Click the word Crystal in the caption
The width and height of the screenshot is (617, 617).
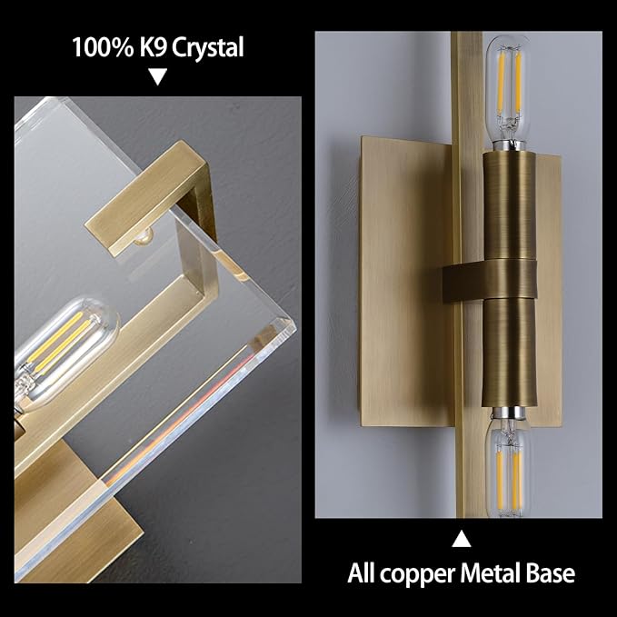(207, 47)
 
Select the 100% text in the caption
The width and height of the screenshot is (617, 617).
(103, 47)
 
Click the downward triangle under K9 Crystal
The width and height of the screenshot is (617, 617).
(158, 76)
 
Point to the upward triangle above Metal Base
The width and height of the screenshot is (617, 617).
(462, 539)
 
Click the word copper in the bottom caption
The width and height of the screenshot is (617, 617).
(417, 574)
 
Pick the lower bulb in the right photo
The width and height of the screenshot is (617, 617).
(508, 464)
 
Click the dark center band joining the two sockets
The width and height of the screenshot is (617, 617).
(490, 281)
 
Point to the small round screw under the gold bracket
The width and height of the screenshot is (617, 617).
(143, 237)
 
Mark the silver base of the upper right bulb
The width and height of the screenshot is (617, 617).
(508, 144)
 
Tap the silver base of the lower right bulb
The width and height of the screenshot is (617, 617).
(508, 413)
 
